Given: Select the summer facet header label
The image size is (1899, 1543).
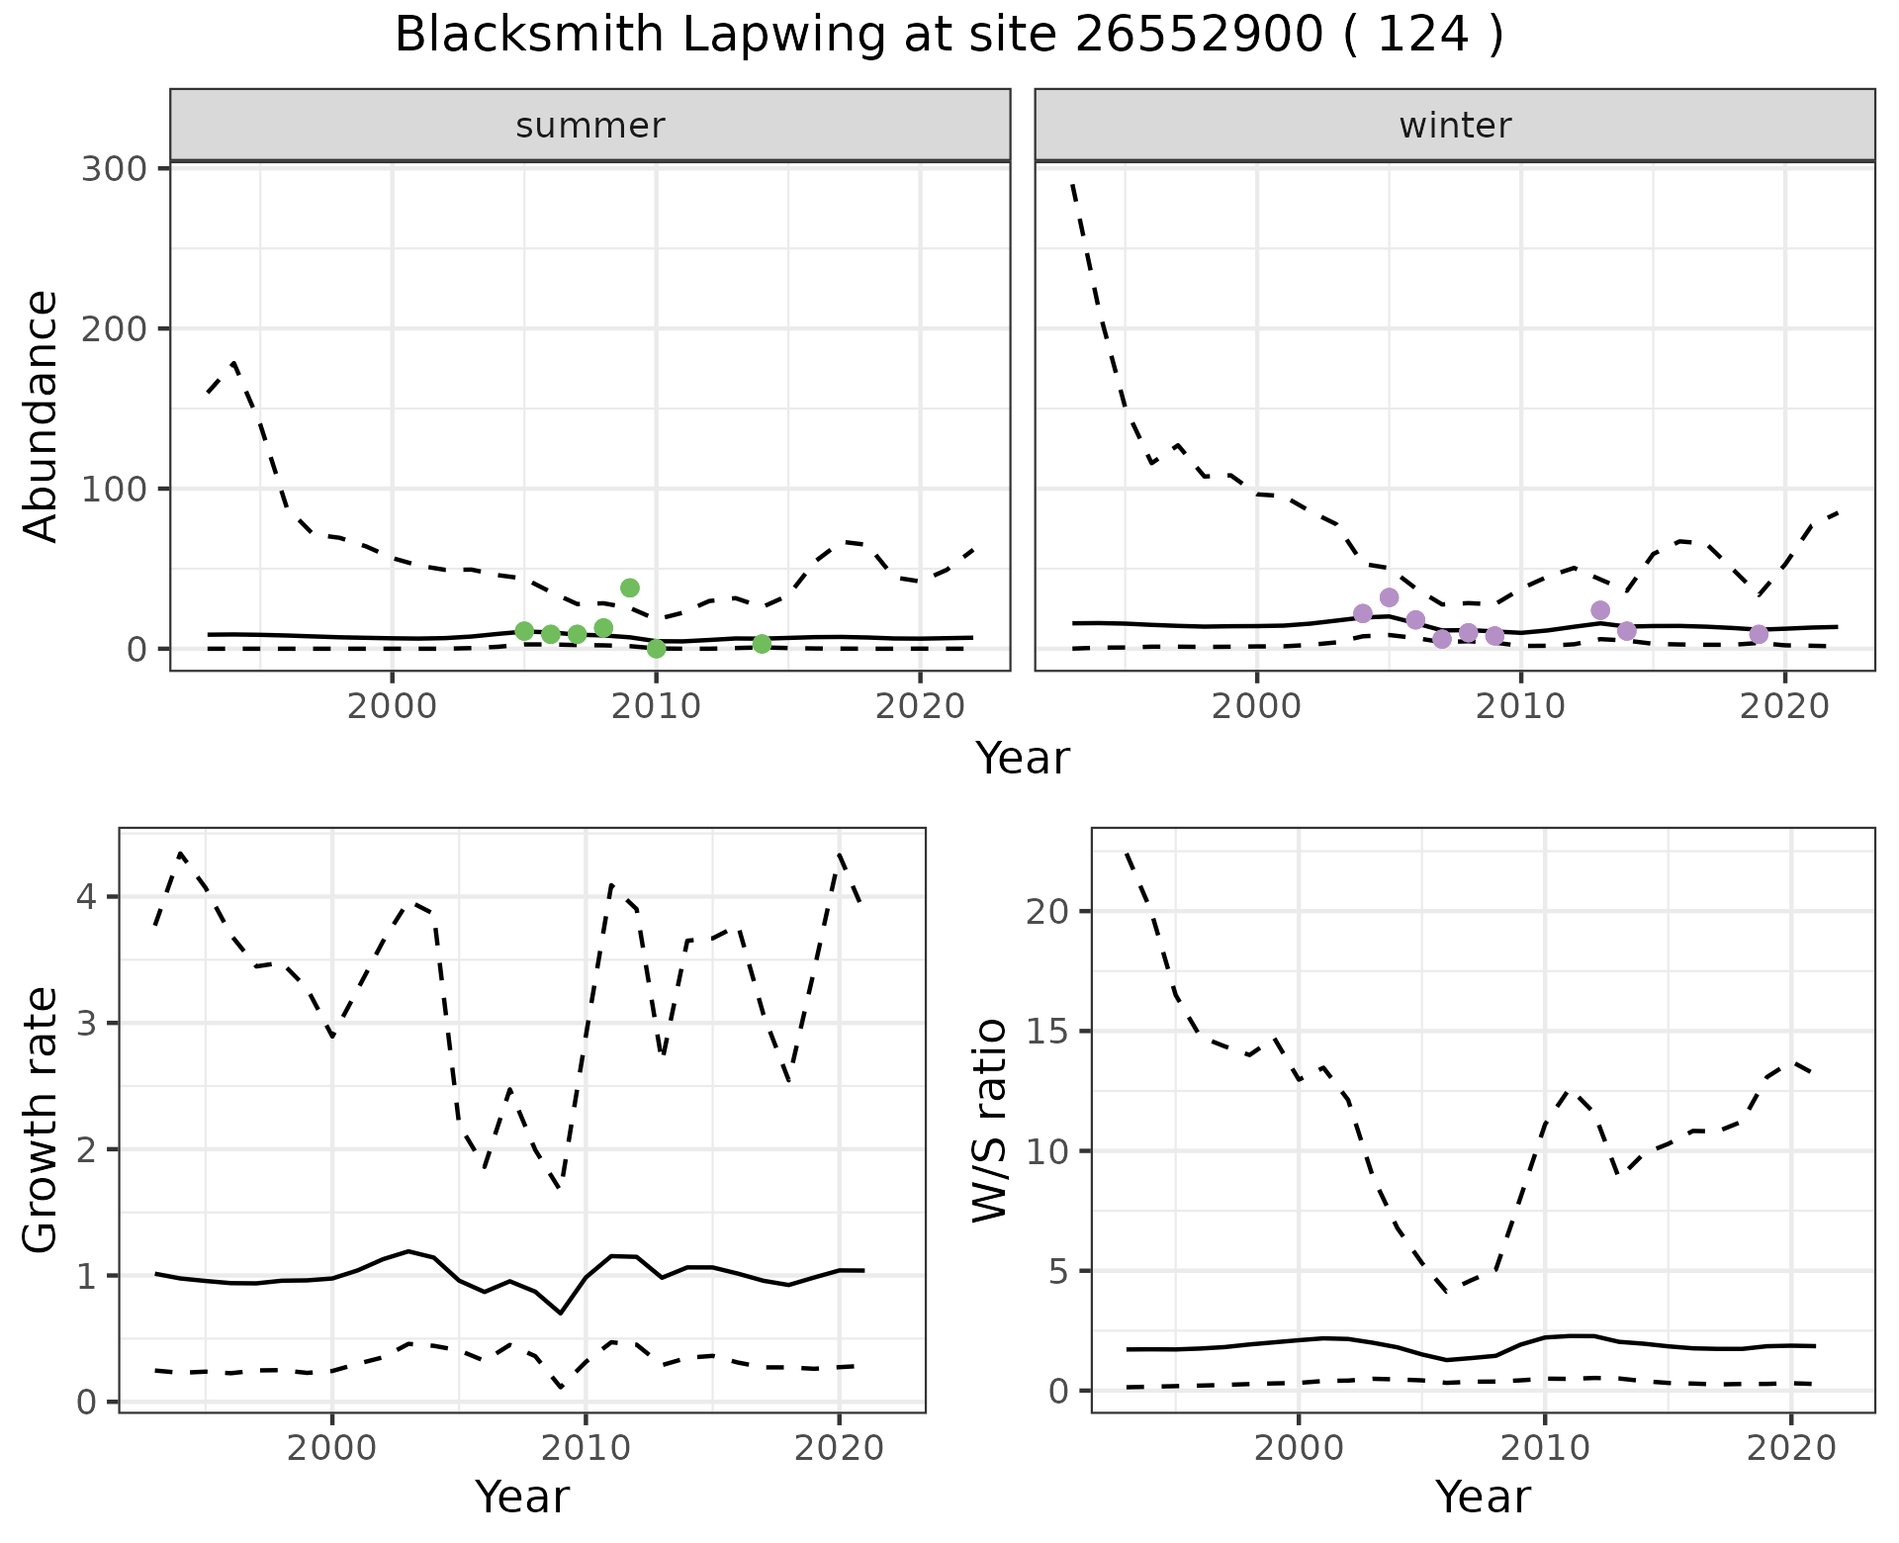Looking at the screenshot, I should tap(590, 126).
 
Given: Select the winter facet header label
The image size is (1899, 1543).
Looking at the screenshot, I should tap(1455, 126).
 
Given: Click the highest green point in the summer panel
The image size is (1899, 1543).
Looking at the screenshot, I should tap(630, 588).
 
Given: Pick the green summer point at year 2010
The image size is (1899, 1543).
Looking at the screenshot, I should tap(656, 649).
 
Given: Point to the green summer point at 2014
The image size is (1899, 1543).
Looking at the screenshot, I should tap(762, 644).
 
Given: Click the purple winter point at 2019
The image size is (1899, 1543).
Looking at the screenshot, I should tap(1759, 634).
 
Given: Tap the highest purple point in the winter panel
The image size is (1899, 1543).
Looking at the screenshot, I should tap(1389, 597).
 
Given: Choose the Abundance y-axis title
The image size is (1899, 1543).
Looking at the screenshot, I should tap(42, 416).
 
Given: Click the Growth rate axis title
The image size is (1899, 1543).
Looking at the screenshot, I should tap(42, 1121).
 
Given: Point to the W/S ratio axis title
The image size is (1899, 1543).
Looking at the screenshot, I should tap(990, 1121).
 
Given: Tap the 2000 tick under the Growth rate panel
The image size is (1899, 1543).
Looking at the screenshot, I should tap(332, 1449).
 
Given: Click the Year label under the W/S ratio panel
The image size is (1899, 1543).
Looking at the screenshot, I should tap(1483, 1497).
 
